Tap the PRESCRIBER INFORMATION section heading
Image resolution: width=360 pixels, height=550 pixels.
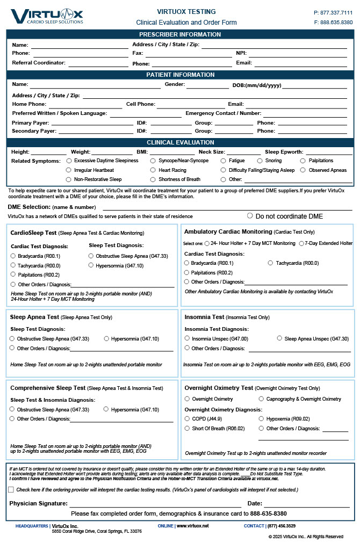click(x=180, y=34)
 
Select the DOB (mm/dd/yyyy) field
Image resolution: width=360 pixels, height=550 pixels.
click(x=314, y=85)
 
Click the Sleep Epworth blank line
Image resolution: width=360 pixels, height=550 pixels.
click(x=329, y=153)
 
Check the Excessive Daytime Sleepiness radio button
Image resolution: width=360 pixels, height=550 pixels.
click(x=69, y=161)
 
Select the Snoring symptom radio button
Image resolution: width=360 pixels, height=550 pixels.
click(x=261, y=161)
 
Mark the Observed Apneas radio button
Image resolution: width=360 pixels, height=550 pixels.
click(x=304, y=170)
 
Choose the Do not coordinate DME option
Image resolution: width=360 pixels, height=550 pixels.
click(x=250, y=216)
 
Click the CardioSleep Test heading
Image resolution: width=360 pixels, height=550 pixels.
click(x=33, y=233)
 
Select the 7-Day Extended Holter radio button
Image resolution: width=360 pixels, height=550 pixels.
click(x=301, y=243)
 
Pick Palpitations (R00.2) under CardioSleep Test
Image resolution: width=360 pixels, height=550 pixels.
click(x=13, y=274)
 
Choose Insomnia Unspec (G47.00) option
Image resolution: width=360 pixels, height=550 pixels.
click(x=187, y=338)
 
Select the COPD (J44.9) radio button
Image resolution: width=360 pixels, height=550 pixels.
click(x=187, y=418)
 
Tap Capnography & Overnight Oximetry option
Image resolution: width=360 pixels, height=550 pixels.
click(x=262, y=399)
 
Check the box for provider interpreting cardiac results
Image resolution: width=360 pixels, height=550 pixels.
click(x=11, y=490)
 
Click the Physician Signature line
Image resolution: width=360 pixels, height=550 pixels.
click(x=156, y=504)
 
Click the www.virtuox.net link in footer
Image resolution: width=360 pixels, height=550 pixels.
click(x=192, y=526)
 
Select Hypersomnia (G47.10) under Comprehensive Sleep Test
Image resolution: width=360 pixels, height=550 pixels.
click(x=106, y=409)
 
